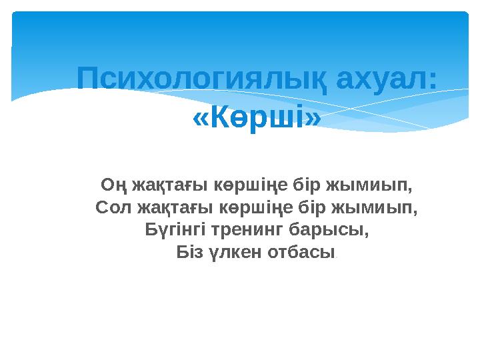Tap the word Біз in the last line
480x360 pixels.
(x=189, y=253)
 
